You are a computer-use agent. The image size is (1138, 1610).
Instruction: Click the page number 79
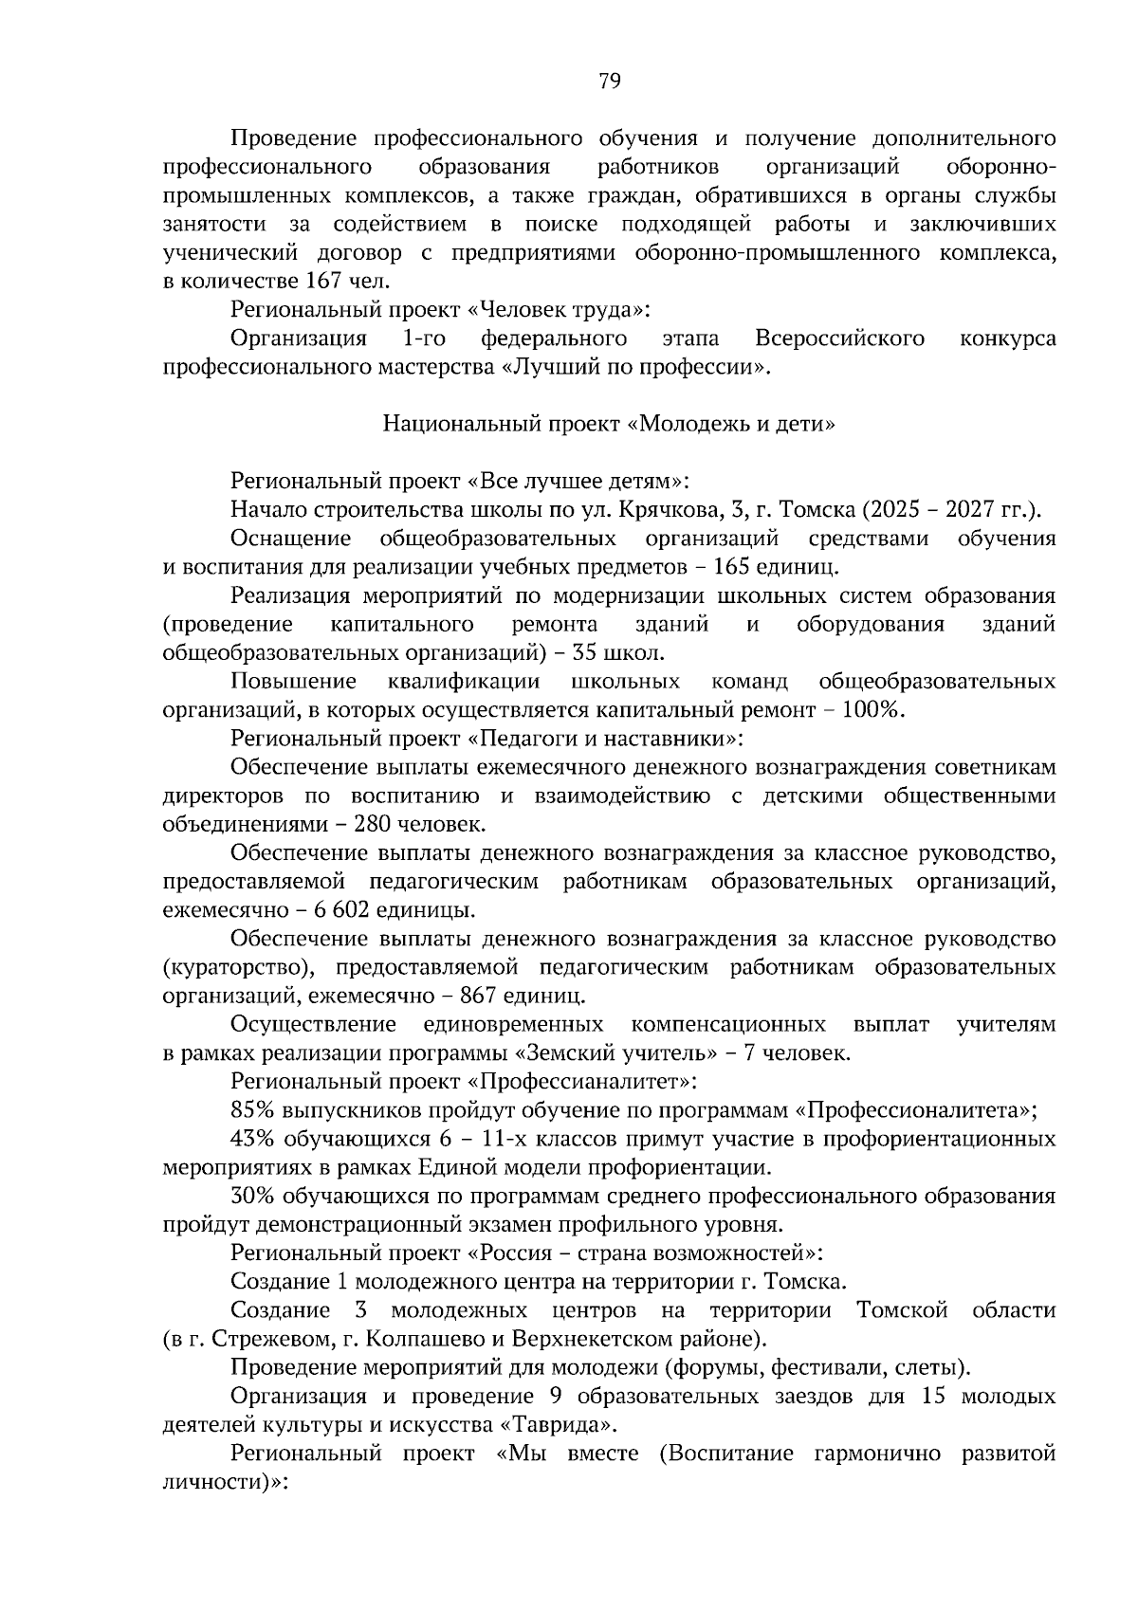(610, 82)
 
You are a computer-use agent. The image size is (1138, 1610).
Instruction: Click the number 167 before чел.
(323, 281)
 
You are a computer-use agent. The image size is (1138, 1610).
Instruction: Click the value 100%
(872, 710)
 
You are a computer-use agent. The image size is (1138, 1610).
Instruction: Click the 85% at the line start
(249, 1110)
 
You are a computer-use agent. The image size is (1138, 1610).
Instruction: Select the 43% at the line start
(250, 1139)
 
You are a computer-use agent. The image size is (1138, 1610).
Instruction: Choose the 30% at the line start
(250, 1197)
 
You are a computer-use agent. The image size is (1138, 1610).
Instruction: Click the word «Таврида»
(560, 1425)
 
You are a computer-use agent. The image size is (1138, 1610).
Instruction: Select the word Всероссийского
(840, 338)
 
